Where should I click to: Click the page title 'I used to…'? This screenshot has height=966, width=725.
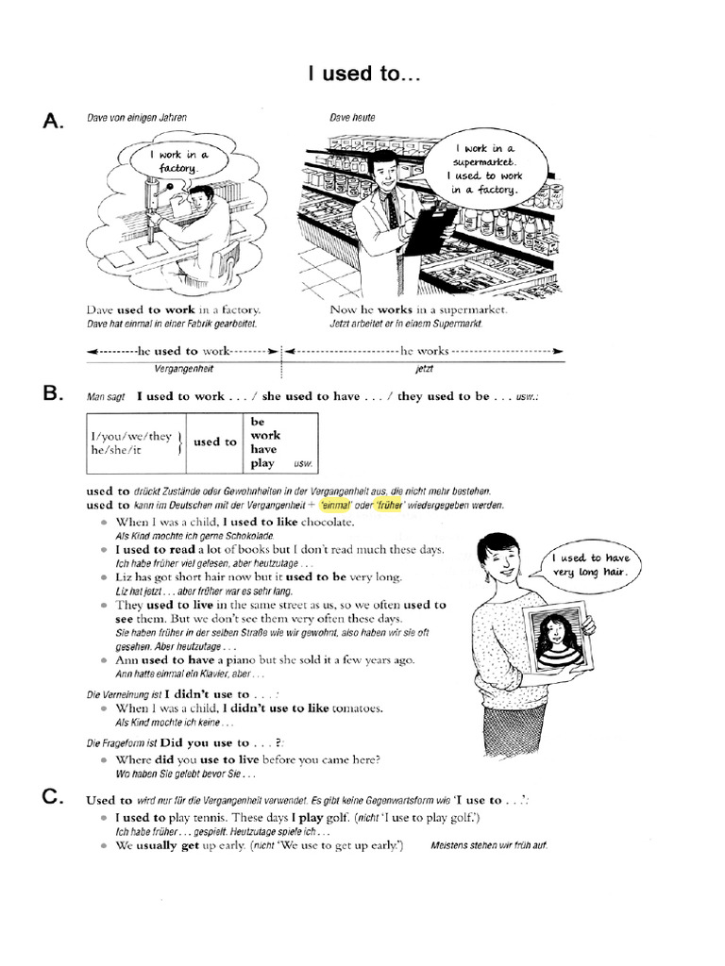[362, 75]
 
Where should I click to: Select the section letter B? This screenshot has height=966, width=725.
[53, 394]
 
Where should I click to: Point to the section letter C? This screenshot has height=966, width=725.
[53, 798]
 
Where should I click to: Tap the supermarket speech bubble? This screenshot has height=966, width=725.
[485, 169]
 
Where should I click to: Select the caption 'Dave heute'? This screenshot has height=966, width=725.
[352, 118]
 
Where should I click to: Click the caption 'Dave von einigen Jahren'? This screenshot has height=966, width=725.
[136, 118]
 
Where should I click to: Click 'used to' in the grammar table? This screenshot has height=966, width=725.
[215, 441]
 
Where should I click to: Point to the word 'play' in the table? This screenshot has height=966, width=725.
[262, 463]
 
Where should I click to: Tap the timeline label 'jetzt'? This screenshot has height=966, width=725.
[424, 365]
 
